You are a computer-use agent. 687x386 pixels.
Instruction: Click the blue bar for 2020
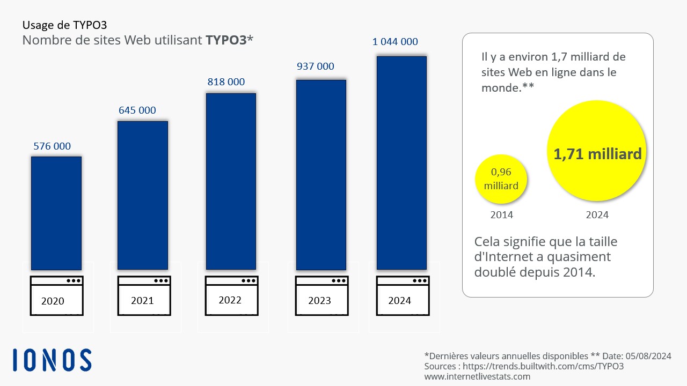click(x=56, y=213)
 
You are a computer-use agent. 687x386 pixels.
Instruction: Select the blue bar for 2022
click(x=231, y=181)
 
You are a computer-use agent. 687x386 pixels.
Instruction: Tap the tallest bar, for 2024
click(x=401, y=162)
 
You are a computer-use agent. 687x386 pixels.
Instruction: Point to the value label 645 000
click(x=137, y=110)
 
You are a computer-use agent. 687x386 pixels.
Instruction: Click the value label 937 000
click(x=316, y=66)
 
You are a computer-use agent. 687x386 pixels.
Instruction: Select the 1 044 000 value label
click(x=395, y=42)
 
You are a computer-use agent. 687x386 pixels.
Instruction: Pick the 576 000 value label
click(x=52, y=146)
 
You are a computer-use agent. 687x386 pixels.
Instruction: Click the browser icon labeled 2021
click(x=144, y=295)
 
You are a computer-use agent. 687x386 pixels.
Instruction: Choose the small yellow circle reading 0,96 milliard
click(x=501, y=180)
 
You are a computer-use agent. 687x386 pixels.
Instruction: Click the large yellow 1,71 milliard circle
click(x=597, y=154)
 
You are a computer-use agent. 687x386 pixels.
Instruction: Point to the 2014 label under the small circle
click(x=502, y=215)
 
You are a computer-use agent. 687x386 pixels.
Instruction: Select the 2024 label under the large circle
click(x=597, y=215)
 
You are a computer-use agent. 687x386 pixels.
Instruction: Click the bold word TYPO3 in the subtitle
click(x=225, y=40)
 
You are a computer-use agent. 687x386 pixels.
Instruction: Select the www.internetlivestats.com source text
click(x=477, y=376)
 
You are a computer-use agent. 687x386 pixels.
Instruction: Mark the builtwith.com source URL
click(x=544, y=366)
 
